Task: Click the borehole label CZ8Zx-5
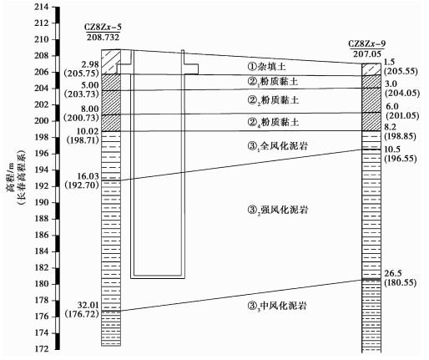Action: tap(103, 27)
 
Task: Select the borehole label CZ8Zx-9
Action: tap(367, 43)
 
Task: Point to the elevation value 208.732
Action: tap(103, 37)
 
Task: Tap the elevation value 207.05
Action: tap(367, 53)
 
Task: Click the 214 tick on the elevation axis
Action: tap(42, 7)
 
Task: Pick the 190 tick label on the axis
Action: tap(42, 202)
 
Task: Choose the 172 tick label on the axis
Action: tap(42, 349)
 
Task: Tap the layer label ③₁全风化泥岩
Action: tap(278, 146)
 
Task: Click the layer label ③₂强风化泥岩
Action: tap(278, 210)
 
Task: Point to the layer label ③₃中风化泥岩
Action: tap(277, 306)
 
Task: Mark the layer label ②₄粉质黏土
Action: tap(273, 122)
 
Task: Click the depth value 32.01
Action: tap(88, 305)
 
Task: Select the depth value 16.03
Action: tap(88, 176)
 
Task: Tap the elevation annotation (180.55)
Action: tap(401, 283)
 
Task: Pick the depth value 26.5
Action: tap(393, 273)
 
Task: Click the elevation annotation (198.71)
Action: tap(83, 140)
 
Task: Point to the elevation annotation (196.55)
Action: tap(401, 159)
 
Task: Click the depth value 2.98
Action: tap(90, 64)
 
